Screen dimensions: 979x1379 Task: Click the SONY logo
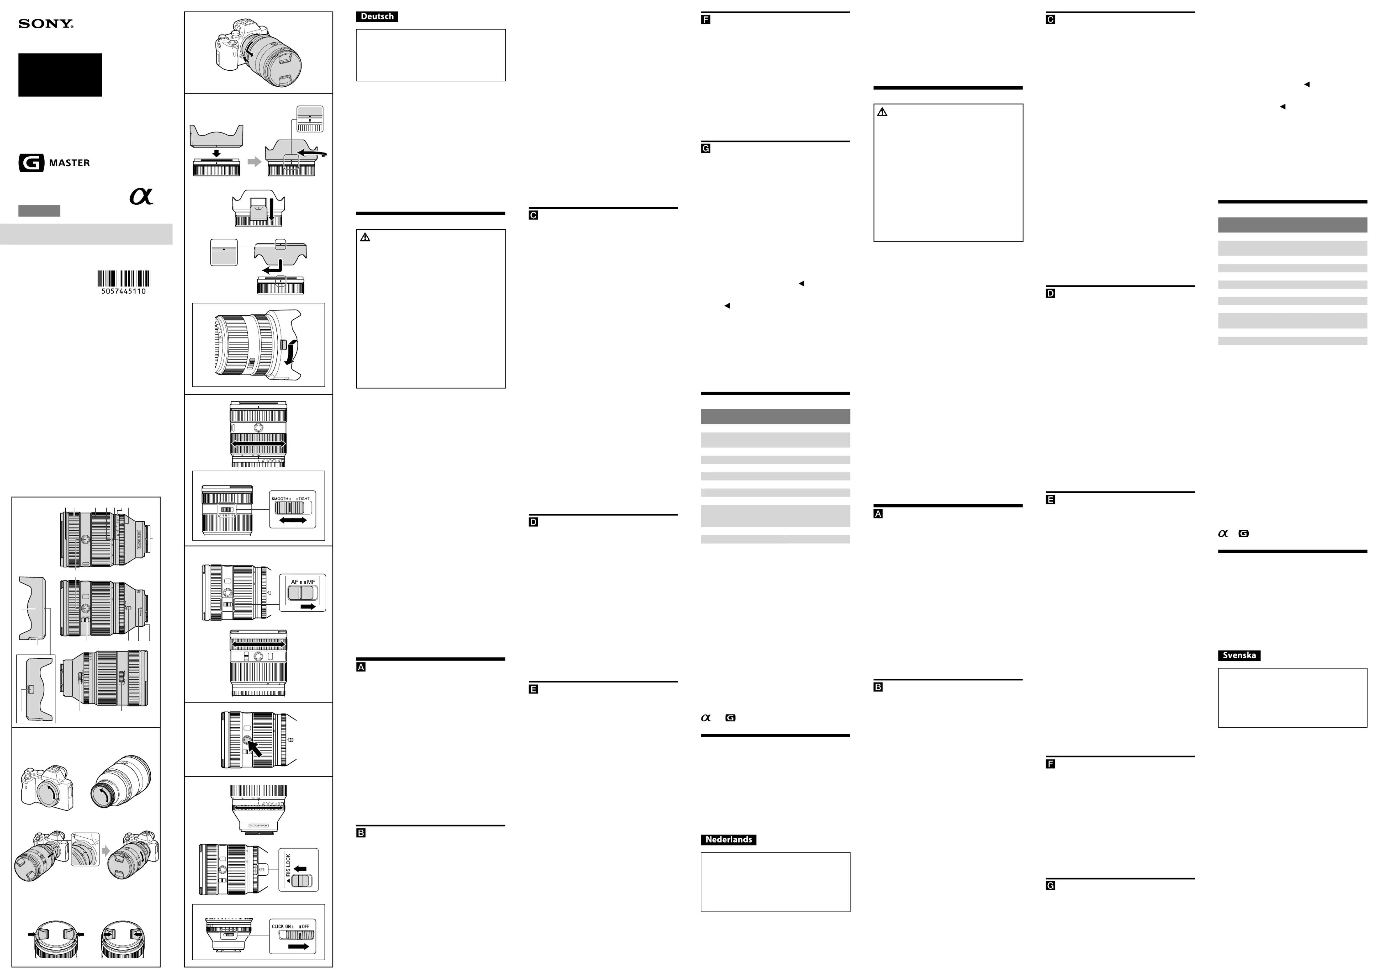46,24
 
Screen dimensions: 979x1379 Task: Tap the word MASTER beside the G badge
69,163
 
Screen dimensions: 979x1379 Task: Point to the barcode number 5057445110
124,291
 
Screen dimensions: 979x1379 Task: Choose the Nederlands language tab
728,840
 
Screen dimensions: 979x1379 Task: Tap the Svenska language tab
1239,655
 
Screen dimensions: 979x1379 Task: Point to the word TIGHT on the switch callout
304,499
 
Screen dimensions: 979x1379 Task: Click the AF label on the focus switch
295,582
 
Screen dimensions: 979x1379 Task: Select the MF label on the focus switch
311,582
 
